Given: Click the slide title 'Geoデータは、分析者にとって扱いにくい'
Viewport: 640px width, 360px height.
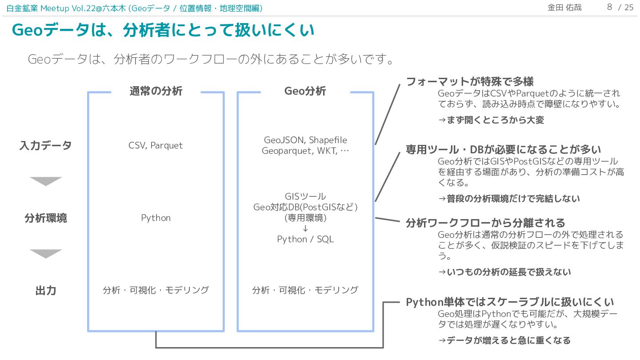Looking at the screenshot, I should [163, 30].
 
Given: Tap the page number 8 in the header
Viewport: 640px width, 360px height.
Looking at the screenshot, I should [609, 7].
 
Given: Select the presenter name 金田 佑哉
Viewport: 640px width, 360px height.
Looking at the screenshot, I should [564, 8].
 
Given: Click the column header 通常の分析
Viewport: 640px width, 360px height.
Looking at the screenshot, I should [156, 91].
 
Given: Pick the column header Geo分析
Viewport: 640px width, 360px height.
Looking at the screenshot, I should [305, 91].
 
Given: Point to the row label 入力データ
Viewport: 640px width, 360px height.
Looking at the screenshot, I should [45, 146].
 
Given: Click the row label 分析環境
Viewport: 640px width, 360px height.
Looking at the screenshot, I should [45, 218].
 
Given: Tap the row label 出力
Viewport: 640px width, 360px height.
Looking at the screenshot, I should [45, 291].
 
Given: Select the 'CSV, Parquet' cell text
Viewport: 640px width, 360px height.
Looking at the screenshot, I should [156, 145].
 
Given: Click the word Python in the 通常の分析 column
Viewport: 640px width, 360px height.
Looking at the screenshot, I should [156, 218].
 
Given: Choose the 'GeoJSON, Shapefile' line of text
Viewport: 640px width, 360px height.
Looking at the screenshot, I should [305, 140].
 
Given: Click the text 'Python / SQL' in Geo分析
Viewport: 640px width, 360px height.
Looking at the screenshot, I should [305, 239].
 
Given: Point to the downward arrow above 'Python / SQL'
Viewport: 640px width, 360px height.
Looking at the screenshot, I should [305, 228].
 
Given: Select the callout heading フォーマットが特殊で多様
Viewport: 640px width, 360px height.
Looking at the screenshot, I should [470, 82].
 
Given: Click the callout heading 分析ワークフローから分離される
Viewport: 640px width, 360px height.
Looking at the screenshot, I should [485, 223].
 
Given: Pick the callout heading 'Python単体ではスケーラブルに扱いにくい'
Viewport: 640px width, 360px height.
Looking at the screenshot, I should [510, 302].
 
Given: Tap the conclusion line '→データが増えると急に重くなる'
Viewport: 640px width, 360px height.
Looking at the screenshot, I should [504, 340].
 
